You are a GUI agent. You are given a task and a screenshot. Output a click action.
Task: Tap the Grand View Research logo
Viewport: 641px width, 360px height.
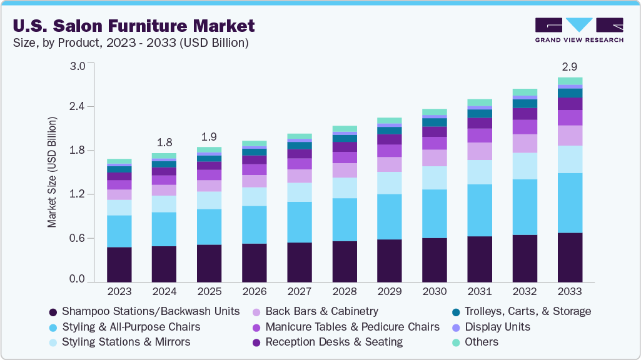pyautogui.click(x=578, y=29)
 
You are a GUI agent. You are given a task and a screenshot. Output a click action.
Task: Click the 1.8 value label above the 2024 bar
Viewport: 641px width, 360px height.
pyautogui.click(x=164, y=141)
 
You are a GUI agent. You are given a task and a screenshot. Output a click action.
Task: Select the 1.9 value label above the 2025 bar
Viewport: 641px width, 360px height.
pyautogui.click(x=209, y=136)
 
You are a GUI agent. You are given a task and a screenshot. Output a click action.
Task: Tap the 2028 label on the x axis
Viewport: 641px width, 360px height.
pyautogui.click(x=345, y=291)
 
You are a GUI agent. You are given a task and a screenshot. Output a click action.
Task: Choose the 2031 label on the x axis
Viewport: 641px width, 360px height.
pyautogui.click(x=480, y=291)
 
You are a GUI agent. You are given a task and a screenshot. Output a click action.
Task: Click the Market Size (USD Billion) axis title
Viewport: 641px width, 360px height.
pyautogui.click(x=53, y=172)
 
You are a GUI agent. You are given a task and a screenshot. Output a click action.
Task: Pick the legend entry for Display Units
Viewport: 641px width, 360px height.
pyautogui.click(x=497, y=327)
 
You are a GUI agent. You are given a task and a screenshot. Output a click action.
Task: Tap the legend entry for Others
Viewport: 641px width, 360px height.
pyautogui.click(x=482, y=342)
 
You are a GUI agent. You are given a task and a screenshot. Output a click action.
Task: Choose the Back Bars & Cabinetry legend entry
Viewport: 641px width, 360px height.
pyautogui.click(x=321, y=311)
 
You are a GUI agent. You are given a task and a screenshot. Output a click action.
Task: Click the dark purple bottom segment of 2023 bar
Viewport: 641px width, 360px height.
pyautogui.click(x=119, y=264)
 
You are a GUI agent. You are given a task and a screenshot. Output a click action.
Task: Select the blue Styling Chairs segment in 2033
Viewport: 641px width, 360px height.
pyautogui.click(x=570, y=202)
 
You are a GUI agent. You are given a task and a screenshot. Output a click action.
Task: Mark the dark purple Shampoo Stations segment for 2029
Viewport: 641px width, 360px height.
pyautogui.click(x=390, y=261)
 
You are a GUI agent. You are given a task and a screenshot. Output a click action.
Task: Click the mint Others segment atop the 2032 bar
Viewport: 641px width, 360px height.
pyautogui.click(x=525, y=92)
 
